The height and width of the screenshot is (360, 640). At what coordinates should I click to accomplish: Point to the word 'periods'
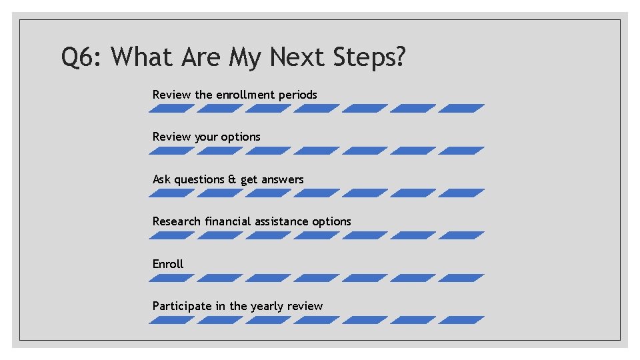click(x=298, y=95)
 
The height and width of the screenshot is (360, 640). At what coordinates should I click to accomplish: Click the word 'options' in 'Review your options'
click(x=241, y=137)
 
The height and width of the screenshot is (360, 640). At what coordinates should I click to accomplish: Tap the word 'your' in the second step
click(x=206, y=137)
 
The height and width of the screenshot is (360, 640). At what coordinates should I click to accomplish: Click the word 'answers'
click(x=282, y=179)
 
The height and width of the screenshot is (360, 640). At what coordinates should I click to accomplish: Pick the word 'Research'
click(x=177, y=221)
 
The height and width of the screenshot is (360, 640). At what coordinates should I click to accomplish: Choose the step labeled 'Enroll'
click(x=168, y=264)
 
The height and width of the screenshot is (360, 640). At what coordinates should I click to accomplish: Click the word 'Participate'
click(x=182, y=306)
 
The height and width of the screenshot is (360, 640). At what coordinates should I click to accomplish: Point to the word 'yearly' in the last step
click(x=267, y=307)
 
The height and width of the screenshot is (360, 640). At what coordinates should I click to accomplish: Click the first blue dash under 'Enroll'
click(x=171, y=278)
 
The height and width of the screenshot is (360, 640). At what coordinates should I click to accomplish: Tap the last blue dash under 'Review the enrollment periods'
click(x=461, y=108)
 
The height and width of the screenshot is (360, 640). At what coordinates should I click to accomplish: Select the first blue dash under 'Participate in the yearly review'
click(x=171, y=320)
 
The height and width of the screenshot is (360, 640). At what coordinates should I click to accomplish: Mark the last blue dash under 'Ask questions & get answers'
click(x=461, y=193)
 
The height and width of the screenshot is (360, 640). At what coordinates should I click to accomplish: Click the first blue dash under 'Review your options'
click(x=171, y=151)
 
